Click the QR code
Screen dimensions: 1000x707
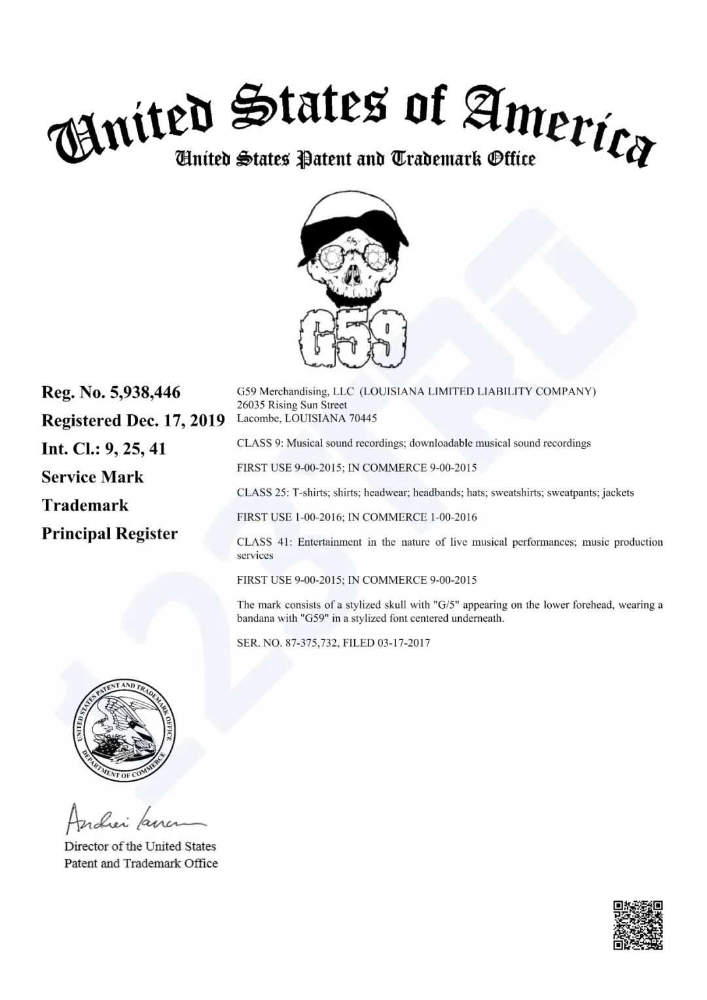[x=638, y=925]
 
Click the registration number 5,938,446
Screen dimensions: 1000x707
[x=145, y=393]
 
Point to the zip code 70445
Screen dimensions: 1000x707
[x=363, y=418]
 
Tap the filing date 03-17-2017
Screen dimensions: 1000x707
[x=403, y=643]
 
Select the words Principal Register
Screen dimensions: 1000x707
[x=109, y=534]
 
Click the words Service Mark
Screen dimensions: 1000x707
[x=92, y=477]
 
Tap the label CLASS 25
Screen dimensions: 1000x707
[x=261, y=493]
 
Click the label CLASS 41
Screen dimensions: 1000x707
[x=261, y=542]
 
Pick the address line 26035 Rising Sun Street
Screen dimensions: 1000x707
[x=292, y=405]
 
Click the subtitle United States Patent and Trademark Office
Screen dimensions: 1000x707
[x=354, y=158]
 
